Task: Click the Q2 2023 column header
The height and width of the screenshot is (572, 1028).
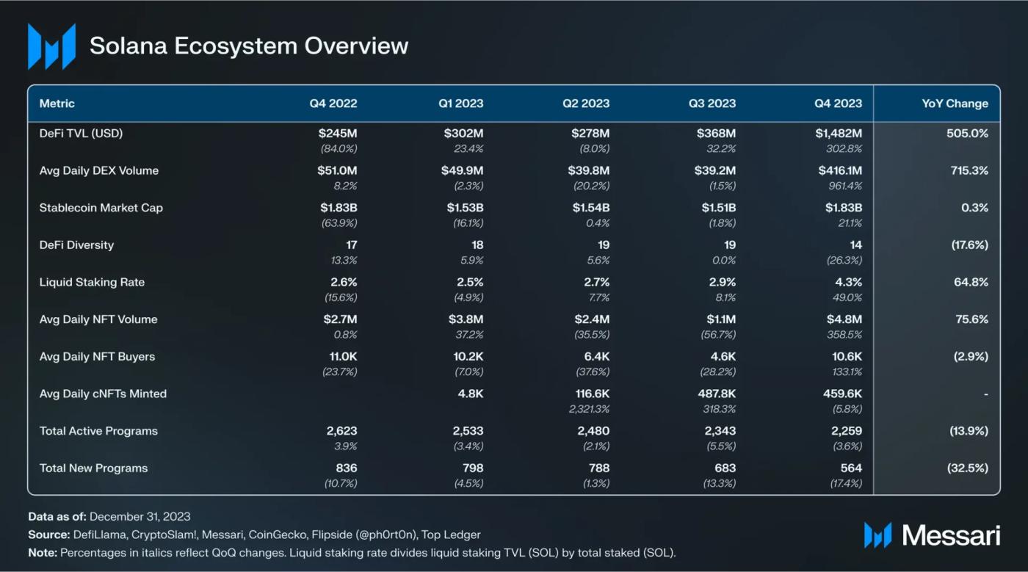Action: tap(586, 104)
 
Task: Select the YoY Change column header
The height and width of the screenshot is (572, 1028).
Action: tap(955, 104)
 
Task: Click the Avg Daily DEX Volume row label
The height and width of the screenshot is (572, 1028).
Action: tap(99, 171)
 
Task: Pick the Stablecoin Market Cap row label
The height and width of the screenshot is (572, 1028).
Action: tap(101, 208)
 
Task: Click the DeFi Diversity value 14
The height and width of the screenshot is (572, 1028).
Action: tap(855, 245)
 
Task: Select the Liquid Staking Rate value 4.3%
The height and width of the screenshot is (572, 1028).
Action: tap(848, 282)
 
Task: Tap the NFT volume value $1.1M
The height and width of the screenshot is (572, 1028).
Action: tap(719, 319)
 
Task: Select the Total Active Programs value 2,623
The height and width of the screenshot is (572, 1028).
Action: tap(341, 431)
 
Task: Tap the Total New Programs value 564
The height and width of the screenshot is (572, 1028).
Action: tap(851, 468)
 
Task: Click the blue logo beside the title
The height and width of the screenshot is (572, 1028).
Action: tap(51, 46)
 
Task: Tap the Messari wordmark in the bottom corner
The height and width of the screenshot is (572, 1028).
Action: tap(950, 535)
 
